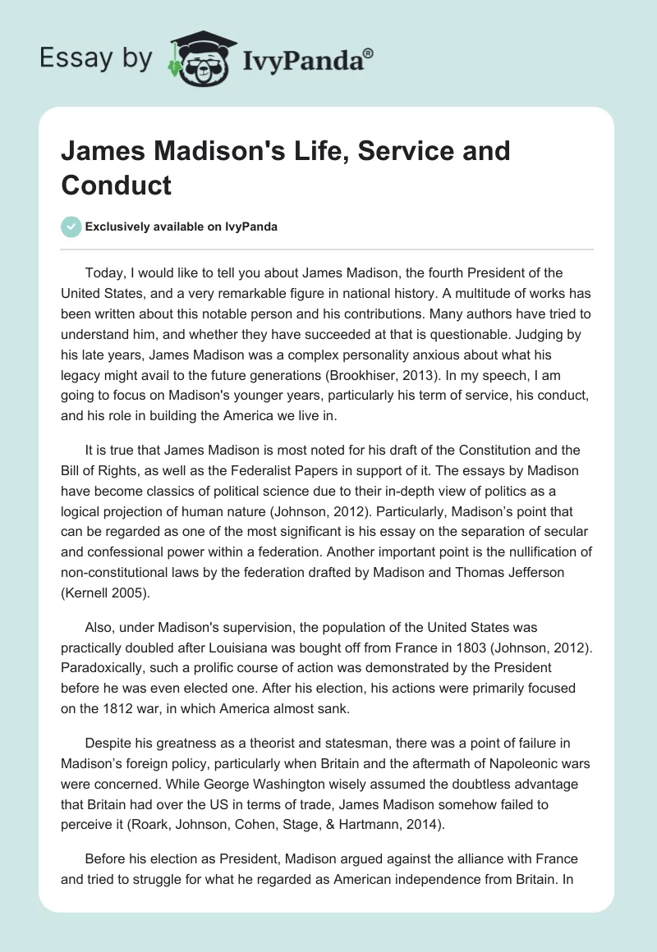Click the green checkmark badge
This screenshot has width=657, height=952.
[71, 227]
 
